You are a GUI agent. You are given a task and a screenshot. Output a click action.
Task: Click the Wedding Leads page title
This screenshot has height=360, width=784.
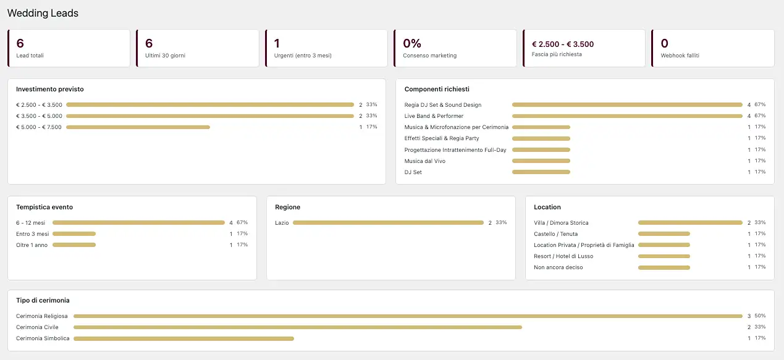coord(43,13)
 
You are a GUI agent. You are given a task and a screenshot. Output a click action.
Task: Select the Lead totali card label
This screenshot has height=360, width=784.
coord(30,56)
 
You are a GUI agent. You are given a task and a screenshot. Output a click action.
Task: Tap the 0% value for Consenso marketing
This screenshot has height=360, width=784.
coord(412,43)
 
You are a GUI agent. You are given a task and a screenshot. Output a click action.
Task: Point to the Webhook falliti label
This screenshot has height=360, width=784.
coord(680,56)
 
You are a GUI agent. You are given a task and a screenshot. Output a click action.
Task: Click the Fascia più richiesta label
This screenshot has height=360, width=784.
coord(557,54)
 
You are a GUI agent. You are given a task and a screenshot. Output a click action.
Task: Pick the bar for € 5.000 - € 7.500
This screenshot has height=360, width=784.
coord(138,127)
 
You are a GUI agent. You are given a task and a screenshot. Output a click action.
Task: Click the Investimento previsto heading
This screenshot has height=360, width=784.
coord(49,89)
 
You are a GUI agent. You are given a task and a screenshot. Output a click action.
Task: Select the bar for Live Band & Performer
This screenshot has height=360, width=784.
coord(627,116)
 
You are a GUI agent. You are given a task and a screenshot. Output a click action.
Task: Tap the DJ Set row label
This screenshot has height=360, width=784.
coord(413,172)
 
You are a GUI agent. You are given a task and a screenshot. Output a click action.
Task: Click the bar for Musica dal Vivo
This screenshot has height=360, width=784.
coord(541,161)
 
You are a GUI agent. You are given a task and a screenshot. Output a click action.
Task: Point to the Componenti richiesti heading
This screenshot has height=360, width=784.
coord(437,89)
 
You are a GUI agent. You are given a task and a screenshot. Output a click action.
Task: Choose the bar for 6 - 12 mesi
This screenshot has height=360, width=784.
coord(138,222)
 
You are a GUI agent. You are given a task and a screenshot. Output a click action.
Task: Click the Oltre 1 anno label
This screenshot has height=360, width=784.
coord(32,245)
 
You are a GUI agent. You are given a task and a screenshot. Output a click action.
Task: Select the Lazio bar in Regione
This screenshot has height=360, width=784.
coord(388,222)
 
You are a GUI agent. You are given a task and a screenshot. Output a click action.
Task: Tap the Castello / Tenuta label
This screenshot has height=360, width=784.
coord(556,233)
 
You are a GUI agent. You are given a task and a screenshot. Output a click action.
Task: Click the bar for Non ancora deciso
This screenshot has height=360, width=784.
coord(664,267)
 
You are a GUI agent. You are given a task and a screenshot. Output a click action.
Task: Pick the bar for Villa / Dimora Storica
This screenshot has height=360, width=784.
coord(690,222)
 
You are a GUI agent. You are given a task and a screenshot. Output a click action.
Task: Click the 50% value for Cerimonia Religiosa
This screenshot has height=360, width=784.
coord(760,316)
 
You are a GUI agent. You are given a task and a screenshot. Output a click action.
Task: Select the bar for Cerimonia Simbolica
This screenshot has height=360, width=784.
coord(183,338)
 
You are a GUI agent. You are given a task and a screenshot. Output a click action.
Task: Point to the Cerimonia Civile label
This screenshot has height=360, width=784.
coord(37,327)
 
